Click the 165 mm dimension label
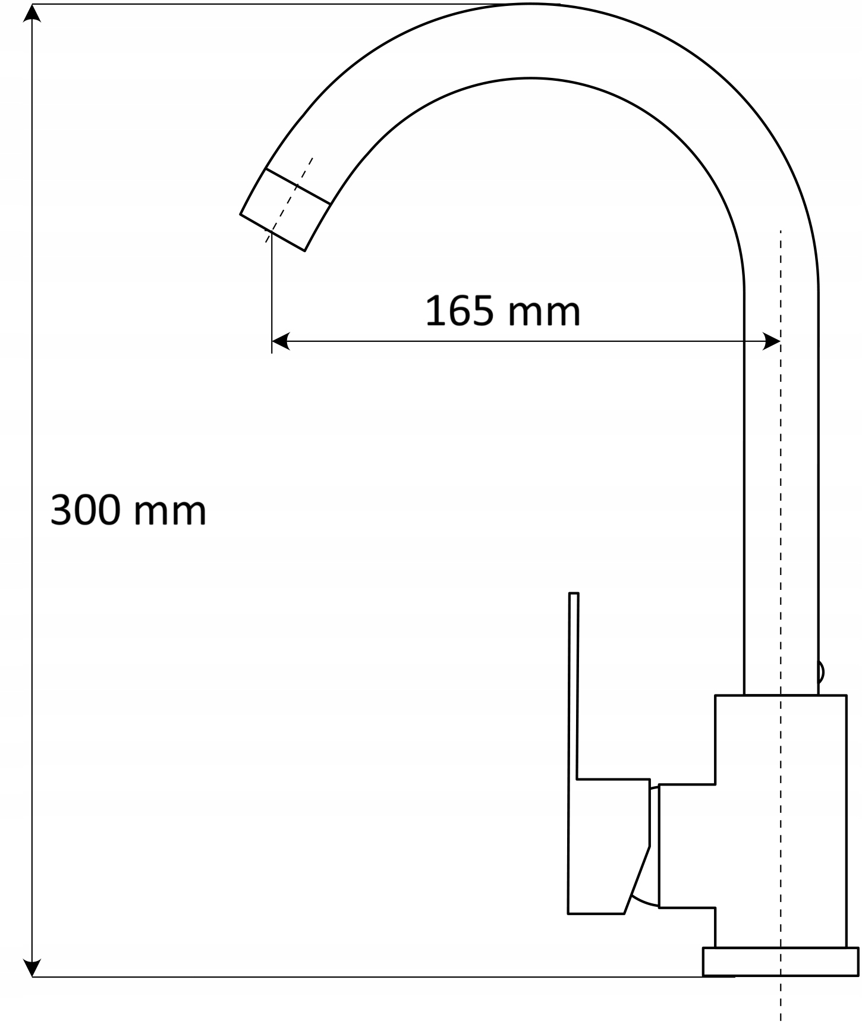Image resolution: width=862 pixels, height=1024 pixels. pyautogui.click(x=503, y=311)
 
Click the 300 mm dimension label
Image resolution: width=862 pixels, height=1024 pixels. pyautogui.click(x=128, y=510)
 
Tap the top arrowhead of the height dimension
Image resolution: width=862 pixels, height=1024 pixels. pyautogui.click(x=32, y=12)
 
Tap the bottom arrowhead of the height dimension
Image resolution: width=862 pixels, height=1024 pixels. pyautogui.click(x=32, y=968)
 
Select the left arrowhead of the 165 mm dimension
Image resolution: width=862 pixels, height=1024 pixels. pyautogui.click(x=281, y=341)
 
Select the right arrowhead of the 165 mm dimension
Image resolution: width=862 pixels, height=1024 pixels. pyautogui.click(x=771, y=341)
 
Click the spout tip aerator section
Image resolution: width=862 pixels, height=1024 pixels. pyautogui.click(x=285, y=210)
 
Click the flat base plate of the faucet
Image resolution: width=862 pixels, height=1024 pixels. pyautogui.click(x=780, y=962)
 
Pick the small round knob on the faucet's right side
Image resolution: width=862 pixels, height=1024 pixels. pyautogui.click(x=821, y=673)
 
